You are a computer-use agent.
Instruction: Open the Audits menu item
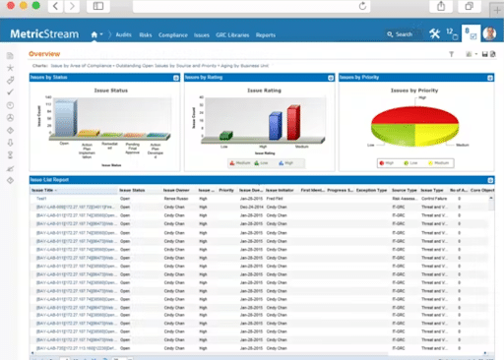(x=124, y=34)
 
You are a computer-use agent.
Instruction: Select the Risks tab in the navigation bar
(x=147, y=34)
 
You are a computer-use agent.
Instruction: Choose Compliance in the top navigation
(x=174, y=34)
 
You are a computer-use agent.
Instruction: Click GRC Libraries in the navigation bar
(x=233, y=34)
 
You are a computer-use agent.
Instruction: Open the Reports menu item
(x=266, y=34)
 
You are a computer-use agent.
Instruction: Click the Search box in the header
(x=404, y=34)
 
